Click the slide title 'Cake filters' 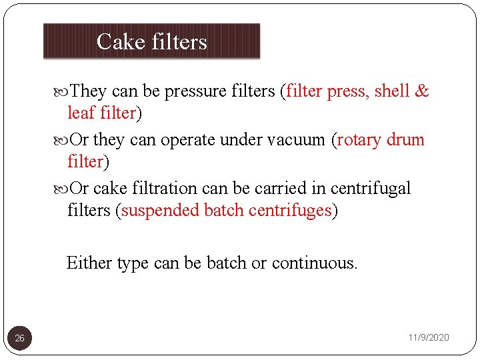click(152, 42)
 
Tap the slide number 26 click(20, 339)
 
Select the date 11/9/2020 click(429, 338)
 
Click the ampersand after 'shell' click(421, 91)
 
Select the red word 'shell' click(392, 91)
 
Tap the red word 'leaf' click(81, 113)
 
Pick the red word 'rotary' click(361, 140)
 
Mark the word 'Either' click(89, 263)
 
